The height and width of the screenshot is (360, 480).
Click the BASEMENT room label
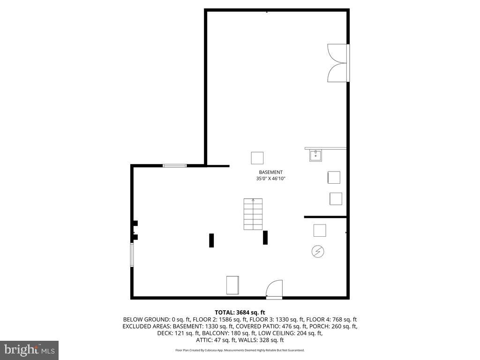point(270,172)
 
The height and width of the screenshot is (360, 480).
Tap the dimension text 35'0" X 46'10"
point(270,179)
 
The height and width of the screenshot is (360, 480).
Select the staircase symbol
point(253,214)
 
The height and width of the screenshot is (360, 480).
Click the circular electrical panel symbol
point(317,252)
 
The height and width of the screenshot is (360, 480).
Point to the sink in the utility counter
point(315,155)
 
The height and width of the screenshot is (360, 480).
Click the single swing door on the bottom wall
point(274,289)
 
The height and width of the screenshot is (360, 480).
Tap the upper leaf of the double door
point(337,53)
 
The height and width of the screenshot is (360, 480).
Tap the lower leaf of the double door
point(337,73)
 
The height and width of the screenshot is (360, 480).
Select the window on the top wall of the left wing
point(174,165)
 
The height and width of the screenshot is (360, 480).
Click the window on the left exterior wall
point(132,255)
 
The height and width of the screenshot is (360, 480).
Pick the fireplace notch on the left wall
point(135,230)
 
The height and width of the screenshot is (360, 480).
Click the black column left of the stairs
point(211,240)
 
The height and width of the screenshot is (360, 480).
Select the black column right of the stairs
point(265,237)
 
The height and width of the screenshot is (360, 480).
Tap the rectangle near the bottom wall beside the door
point(232,285)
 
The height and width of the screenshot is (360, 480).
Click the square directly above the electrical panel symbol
point(320,230)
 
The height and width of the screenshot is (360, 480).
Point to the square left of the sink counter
point(257,157)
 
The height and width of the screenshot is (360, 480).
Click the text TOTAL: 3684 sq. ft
point(240,312)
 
